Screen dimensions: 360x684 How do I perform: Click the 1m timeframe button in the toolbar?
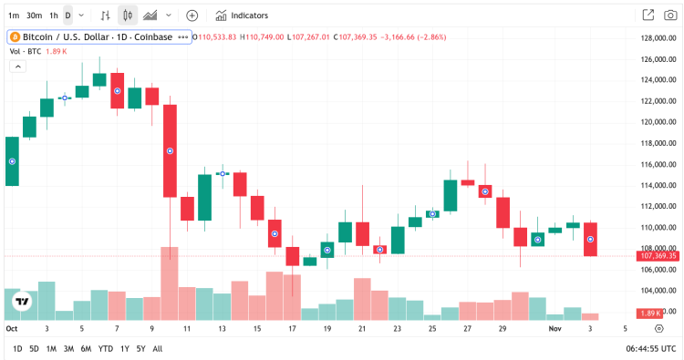click(14, 15)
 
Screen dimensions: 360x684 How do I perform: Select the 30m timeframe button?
click(34, 15)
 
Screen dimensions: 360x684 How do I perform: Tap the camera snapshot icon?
click(670, 15)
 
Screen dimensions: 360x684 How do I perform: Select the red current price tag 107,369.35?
click(656, 256)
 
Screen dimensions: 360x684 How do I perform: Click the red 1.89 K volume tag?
click(651, 314)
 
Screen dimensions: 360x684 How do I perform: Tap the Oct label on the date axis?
click(12, 328)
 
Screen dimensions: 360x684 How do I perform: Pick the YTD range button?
click(106, 348)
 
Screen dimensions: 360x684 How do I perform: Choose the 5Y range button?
click(140, 348)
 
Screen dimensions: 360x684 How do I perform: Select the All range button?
click(158, 348)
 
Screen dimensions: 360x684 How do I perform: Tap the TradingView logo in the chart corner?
click(20, 302)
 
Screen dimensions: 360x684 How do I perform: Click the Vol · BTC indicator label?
click(26, 52)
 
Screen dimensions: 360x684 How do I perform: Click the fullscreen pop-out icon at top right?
click(648, 15)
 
